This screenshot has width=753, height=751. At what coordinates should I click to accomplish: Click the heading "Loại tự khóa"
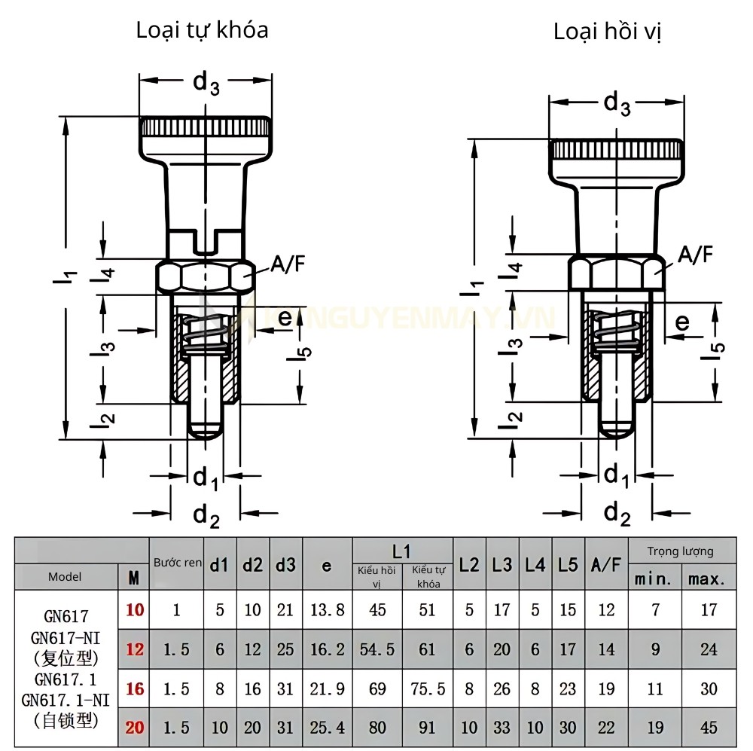[202, 30]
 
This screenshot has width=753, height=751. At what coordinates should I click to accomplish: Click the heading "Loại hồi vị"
[608, 32]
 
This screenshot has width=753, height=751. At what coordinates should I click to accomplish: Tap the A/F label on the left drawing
[288, 264]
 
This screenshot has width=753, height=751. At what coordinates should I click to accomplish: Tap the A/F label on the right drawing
[695, 255]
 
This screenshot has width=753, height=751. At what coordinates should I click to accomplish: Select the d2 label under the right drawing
[617, 514]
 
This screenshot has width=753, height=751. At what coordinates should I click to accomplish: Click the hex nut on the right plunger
[617, 273]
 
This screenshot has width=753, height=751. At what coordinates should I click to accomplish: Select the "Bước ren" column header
[178, 563]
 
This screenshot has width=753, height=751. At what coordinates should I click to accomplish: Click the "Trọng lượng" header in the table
[681, 551]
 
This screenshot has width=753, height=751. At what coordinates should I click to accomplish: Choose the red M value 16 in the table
[135, 688]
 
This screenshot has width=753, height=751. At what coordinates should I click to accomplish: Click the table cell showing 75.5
[428, 688]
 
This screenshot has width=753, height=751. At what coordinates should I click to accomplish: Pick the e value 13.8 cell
[326, 609]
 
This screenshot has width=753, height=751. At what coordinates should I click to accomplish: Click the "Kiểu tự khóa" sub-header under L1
[428, 577]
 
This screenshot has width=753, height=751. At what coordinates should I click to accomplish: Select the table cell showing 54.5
[377, 649]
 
